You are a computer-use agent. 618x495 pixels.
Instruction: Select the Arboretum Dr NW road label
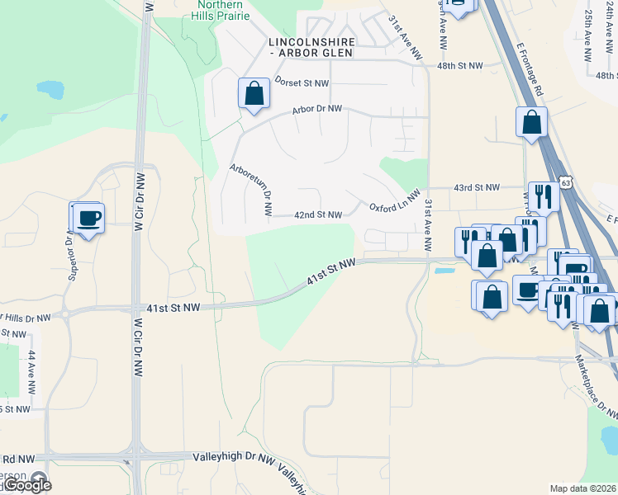coord(250,190)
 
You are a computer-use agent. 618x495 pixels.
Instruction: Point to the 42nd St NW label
coord(318,215)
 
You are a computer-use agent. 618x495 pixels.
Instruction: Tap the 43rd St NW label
coord(477,188)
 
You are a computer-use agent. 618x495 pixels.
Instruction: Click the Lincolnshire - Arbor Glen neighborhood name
coord(311,46)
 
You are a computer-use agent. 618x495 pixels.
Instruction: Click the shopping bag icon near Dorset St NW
coord(254,94)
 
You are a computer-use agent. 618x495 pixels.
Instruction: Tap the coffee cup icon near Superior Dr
coord(88,219)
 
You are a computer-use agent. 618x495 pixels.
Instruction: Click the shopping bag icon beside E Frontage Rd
coord(531,123)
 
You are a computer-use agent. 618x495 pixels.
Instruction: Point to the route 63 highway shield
coord(563,181)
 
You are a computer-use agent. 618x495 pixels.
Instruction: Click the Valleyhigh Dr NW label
coord(233,457)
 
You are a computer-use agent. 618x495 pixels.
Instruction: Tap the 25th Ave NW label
coord(587,39)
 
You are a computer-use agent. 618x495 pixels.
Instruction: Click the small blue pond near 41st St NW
coord(444,270)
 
